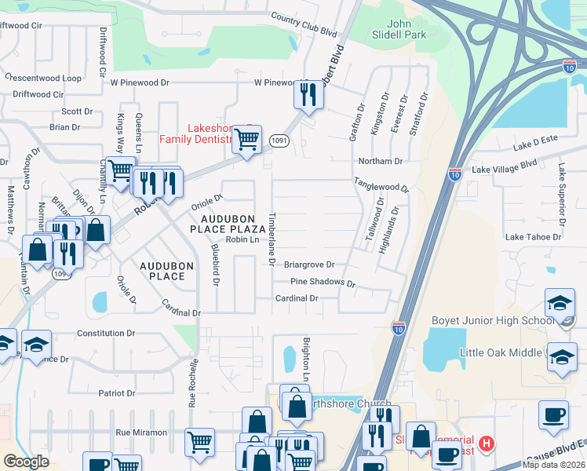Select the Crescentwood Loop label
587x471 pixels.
(43, 78)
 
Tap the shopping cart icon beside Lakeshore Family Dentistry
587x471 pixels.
(247, 140)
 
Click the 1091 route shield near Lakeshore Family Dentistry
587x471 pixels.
(278, 140)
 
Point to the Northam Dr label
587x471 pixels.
(380, 161)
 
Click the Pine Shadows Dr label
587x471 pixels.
(323, 282)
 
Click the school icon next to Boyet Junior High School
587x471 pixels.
(560, 303)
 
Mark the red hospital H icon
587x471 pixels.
(487, 444)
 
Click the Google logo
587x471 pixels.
(26, 461)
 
